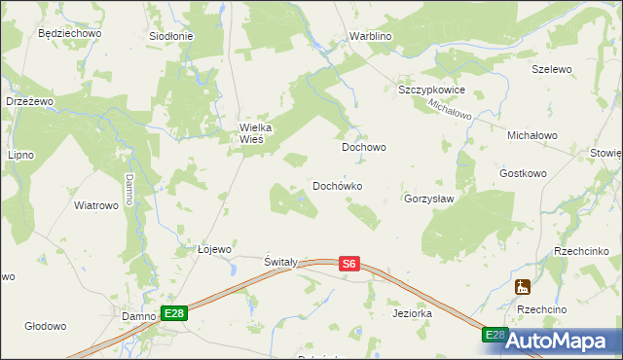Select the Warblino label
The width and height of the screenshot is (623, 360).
pos(370,37)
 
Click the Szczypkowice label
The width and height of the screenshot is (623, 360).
pos(432,90)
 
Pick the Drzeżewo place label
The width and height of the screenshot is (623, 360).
pos(28,101)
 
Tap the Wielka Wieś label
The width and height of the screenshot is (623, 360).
pos(260,132)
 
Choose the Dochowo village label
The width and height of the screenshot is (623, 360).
pos(364,148)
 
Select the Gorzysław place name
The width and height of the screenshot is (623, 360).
pos(429,198)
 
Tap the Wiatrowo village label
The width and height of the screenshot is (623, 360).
pos(96,205)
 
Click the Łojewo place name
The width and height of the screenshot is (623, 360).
pos(214,249)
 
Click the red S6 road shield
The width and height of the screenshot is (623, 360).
pos(350,263)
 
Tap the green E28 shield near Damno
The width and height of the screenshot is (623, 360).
pos(173,312)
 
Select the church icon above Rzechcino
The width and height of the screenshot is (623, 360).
pos(523,287)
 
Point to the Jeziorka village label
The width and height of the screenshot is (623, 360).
pos(412,314)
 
